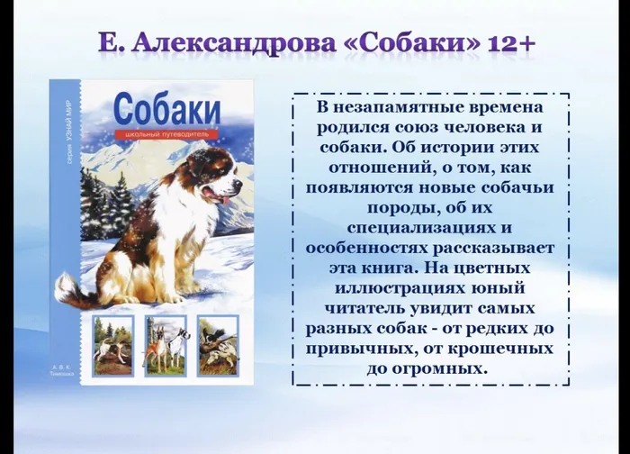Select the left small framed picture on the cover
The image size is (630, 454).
113,345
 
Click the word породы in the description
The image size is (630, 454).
343,207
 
